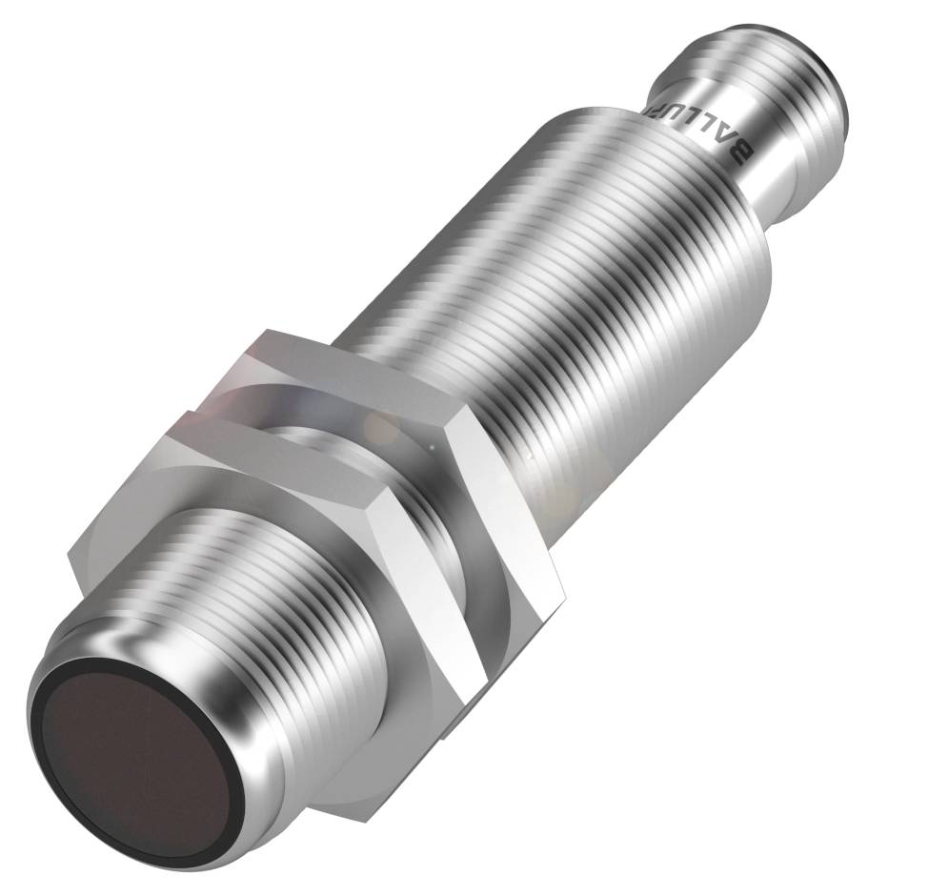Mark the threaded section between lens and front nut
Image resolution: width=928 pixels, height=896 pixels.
pos(238,610)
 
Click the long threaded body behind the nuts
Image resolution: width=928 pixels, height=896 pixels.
pos(572,286)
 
